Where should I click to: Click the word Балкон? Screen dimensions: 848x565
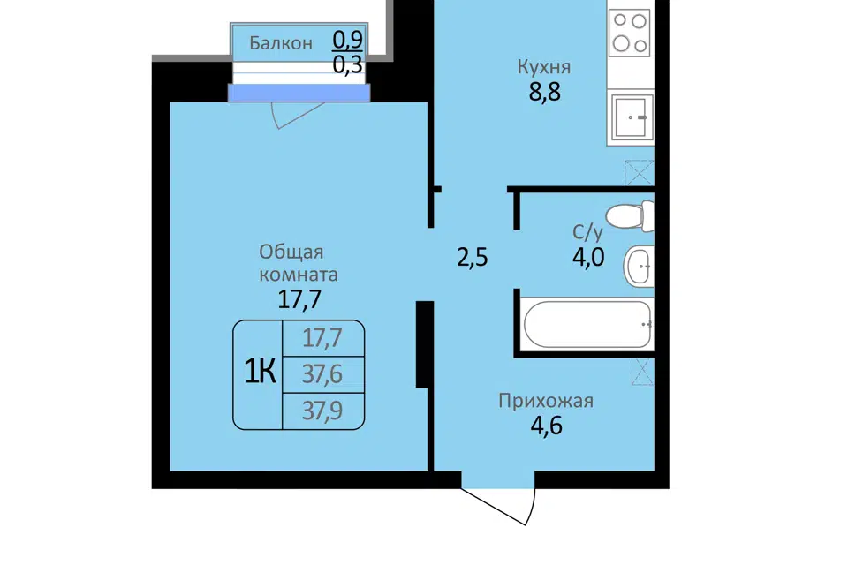[281, 43]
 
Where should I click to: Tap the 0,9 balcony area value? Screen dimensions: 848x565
[348, 39]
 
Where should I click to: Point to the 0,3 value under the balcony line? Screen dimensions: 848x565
[348, 64]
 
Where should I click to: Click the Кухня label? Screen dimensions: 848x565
[544, 67]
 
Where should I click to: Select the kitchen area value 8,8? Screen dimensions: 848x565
[545, 92]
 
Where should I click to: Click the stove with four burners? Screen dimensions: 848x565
[630, 33]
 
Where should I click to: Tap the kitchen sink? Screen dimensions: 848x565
[631, 117]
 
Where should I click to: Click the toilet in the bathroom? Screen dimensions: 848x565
[630, 215]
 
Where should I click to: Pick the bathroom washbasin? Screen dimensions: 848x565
[639, 266]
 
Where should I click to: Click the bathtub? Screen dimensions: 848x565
[588, 324]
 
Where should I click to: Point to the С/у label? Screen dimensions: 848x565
[588, 232]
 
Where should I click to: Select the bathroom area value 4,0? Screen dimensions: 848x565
[588, 257]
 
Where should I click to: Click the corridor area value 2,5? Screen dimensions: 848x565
[472, 258]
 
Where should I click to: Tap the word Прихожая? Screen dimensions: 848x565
[546, 401]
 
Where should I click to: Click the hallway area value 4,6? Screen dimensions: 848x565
[546, 426]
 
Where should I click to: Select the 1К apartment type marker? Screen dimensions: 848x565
[260, 372]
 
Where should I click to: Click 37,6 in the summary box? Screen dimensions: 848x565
[322, 374]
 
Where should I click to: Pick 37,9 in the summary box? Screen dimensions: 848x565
[322, 411]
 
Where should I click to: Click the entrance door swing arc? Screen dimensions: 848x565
[531, 508]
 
